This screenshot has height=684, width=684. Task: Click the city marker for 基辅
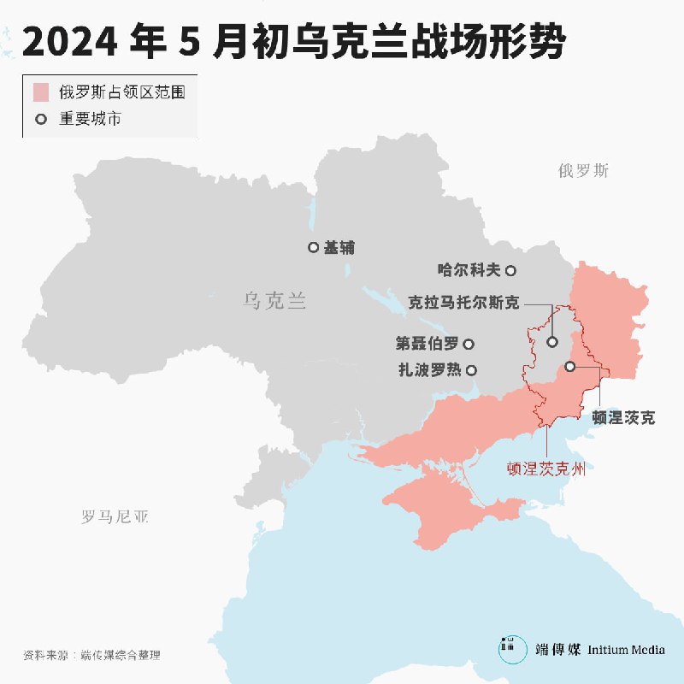click(313, 248)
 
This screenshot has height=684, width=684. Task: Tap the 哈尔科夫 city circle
click(510, 270)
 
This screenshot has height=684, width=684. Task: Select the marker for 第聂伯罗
click(469, 344)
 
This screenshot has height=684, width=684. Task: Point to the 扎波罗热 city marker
click(471, 370)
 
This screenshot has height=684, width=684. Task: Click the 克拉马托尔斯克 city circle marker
click(552, 341)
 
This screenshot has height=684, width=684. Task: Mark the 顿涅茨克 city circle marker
click(570, 366)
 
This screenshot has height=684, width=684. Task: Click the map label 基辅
click(339, 248)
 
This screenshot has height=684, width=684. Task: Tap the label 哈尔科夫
click(469, 270)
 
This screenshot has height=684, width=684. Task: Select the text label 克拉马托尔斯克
click(463, 303)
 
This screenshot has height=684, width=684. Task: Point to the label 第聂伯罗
click(427, 344)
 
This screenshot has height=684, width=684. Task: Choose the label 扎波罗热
click(429, 370)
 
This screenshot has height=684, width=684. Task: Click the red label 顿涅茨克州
click(551, 468)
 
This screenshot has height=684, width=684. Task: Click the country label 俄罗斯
click(584, 170)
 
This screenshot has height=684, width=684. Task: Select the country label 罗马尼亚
click(115, 516)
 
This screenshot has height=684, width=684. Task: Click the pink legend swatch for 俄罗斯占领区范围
click(40, 92)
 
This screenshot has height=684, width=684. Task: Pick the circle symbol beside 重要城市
click(40, 119)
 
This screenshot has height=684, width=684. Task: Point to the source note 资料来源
click(46, 656)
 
